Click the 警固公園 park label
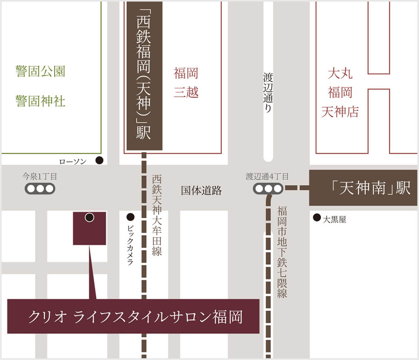(x=40, y=71)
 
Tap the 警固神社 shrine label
(x=40, y=101)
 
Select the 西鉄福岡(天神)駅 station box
(x=144, y=76)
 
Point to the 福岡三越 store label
(x=186, y=83)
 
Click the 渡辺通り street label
(x=268, y=93)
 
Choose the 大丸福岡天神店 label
(x=340, y=93)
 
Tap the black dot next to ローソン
(x=99, y=160)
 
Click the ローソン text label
(x=73, y=161)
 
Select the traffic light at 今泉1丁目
(x=40, y=189)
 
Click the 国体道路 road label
(x=201, y=191)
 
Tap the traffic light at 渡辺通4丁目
(x=268, y=189)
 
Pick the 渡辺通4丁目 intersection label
(x=267, y=177)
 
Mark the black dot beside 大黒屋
(x=317, y=217)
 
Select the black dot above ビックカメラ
(x=130, y=216)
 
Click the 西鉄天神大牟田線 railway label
(x=157, y=215)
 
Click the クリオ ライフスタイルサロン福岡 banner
(x=133, y=316)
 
